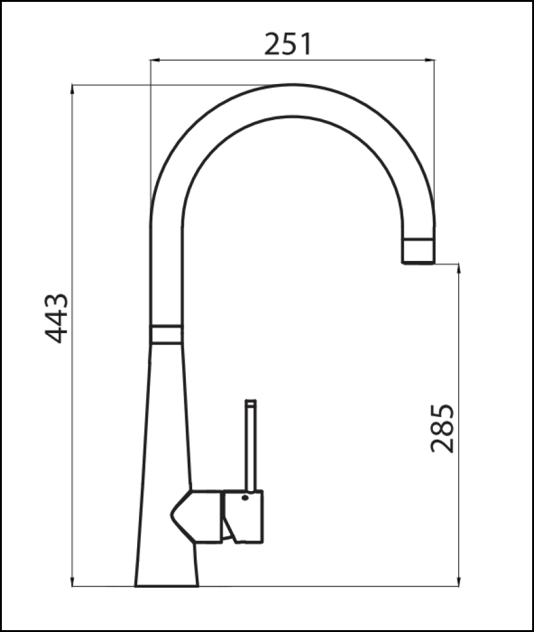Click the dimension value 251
288,44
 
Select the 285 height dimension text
442,428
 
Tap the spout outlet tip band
419,250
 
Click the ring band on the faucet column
167,334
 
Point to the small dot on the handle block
245,499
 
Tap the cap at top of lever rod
251,403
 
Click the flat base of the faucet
167,584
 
